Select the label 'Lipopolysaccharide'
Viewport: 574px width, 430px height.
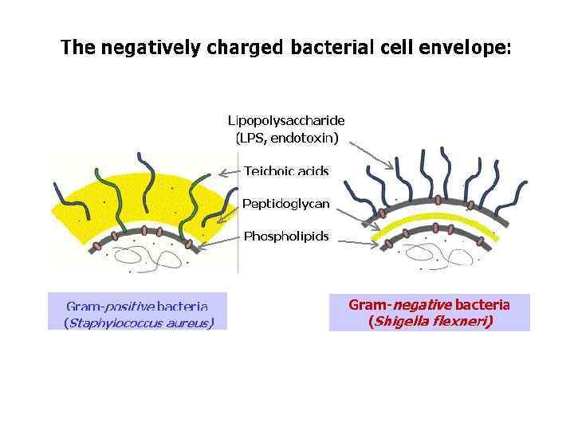(286, 121)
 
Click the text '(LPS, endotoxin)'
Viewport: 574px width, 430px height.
(286, 138)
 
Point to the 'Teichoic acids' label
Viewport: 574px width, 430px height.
(286, 170)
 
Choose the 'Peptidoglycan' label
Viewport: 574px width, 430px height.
(286, 204)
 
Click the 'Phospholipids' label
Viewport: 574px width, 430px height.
(286, 236)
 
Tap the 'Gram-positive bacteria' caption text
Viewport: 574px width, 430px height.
(137, 306)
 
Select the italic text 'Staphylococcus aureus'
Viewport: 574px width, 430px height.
(137, 322)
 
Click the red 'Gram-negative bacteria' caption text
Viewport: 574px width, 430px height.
(429, 304)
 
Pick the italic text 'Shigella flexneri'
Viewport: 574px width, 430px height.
(429, 322)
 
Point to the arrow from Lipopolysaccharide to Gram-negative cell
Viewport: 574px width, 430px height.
(372, 154)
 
